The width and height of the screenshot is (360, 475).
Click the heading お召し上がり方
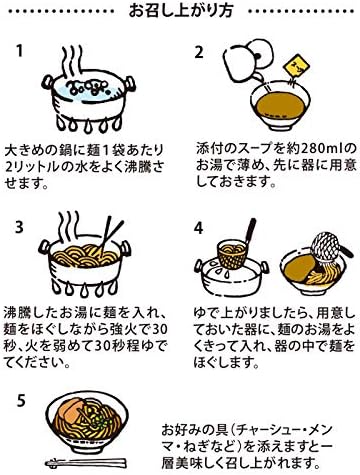click(x=180, y=10)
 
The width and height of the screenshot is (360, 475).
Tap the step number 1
click(x=20, y=51)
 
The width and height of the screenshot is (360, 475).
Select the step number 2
click(x=199, y=52)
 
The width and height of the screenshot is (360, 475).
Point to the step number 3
click(x=19, y=227)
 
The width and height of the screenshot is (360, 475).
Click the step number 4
click(x=199, y=228)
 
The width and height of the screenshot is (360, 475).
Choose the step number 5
click(x=21, y=401)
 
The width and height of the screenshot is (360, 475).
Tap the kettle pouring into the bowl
click(x=247, y=61)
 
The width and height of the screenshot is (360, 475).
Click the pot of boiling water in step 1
click(x=88, y=100)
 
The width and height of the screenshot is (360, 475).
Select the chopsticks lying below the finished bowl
click(x=86, y=463)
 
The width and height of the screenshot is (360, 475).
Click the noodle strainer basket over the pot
click(x=232, y=255)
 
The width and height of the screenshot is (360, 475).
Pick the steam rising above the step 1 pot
click(x=72, y=59)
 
